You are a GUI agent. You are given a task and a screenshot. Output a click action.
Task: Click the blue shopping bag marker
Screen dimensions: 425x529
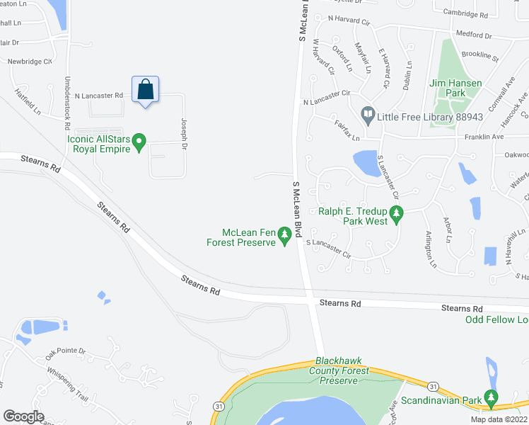[x=145, y=90]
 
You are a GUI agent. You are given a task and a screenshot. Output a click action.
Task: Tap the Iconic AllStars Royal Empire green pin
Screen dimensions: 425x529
[x=139, y=144]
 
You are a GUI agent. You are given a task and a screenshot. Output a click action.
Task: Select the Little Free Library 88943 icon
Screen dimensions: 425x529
[x=368, y=114]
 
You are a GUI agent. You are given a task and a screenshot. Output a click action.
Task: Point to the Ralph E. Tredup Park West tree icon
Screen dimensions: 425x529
[x=397, y=213]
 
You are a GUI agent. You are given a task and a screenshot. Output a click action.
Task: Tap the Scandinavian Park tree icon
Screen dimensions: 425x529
[x=491, y=398]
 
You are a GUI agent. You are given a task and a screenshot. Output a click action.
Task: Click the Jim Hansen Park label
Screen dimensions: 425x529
[x=455, y=88]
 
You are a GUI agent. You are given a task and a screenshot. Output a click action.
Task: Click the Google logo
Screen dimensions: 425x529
[x=23, y=416]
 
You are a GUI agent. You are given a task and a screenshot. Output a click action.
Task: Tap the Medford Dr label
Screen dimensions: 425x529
[x=473, y=34]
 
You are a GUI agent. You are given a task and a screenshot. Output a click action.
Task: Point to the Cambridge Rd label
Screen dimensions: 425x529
[x=466, y=14]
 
